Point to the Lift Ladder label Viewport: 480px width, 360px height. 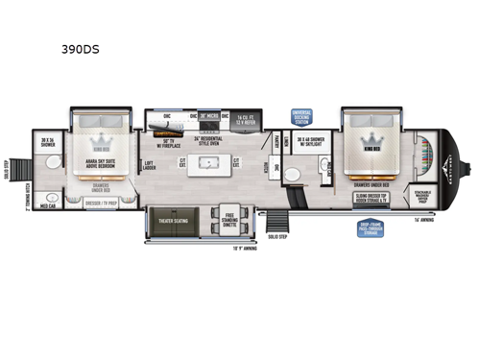tap(149, 164)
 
